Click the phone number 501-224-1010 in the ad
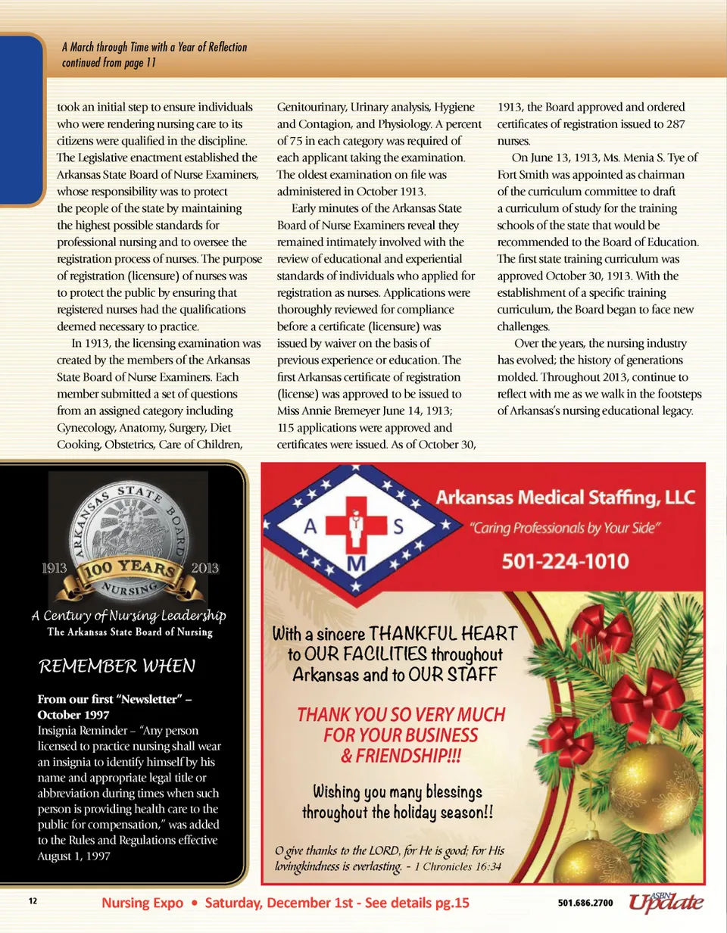pyautogui.click(x=565, y=562)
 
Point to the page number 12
pyautogui.click(x=33, y=901)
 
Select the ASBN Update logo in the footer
pyautogui.click(x=666, y=901)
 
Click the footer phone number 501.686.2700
pyautogui.click(x=585, y=903)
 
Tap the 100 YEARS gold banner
pyautogui.click(x=127, y=569)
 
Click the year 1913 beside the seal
pyautogui.click(x=51, y=567)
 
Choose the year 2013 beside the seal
pyautogui.click(x=205, y=567)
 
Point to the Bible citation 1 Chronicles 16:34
pyautogui.click(x=457, y=867)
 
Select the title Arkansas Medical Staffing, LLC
pyautogui.click(x=565, y=498)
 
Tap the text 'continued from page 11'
pyautogui.click(x=109, y=63)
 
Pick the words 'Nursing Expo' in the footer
pyautogui.click(x=144, y=903)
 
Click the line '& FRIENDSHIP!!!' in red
pyautogui.click(x=401, y=755)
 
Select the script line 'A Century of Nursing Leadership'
pyautogui.click(x=127, y=614)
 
